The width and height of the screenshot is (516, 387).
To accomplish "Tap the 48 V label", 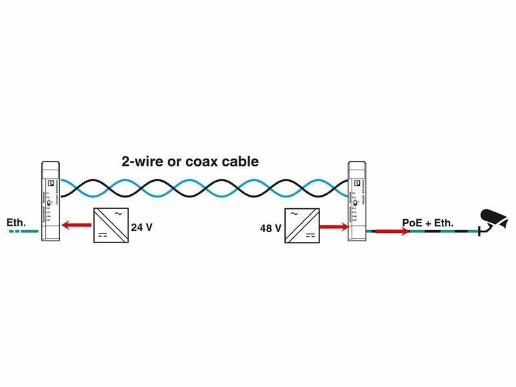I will point(270,228).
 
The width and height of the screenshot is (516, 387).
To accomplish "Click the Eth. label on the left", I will point(17,223).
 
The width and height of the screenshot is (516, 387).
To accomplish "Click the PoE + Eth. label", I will point(428,223).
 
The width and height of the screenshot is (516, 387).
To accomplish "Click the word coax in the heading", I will point(201,161).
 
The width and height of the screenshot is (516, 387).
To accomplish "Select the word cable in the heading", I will point(239,161).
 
